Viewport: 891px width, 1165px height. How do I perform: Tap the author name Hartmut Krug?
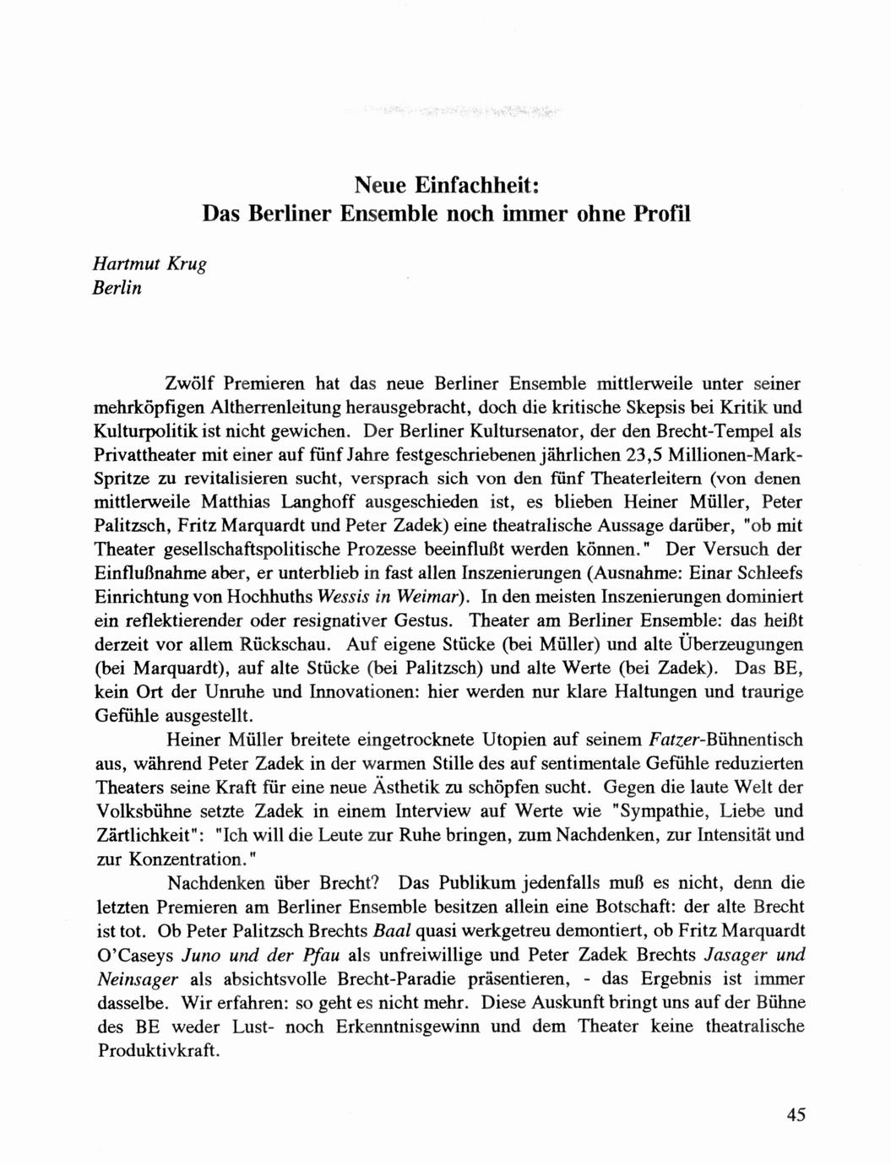(149, 263)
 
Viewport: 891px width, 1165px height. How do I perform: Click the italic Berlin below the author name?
(117, 288)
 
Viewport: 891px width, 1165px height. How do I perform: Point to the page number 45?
(796, 1114)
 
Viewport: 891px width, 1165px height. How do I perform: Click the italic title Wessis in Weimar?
(400, 597)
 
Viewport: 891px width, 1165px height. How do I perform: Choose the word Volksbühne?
(139, 811)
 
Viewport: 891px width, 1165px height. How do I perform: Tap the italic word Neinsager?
(138, 979)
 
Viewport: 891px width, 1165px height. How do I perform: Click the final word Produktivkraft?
(158, 1051)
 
